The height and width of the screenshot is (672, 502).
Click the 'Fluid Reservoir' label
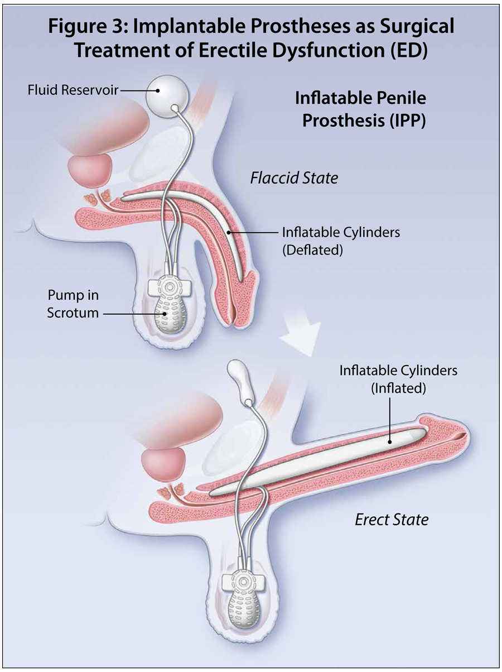coord(73,89)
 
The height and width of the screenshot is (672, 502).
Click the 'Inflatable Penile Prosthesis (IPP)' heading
coord(360,110)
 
